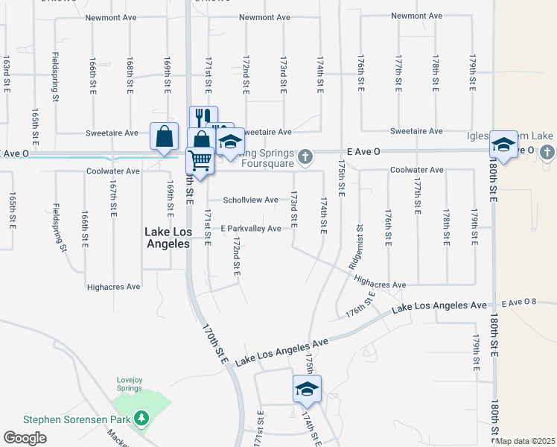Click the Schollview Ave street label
point(251,200)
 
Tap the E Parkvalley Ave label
point(251,228)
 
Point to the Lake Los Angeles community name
point(168,238)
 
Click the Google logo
point(25,438)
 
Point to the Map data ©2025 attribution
point(526,441)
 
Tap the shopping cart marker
point(200,159)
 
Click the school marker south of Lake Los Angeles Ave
point(306,389)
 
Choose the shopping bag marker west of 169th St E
point(164,136)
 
